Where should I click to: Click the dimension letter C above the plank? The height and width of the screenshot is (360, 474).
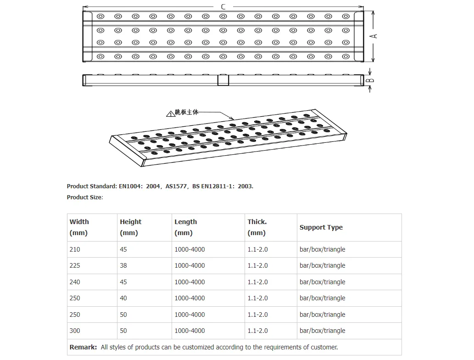pyautogui.click(x=223, y=6)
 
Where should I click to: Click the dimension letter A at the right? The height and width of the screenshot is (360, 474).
pyautogui.click(x=374, y=35)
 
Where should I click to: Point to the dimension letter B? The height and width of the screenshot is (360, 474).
pyautogui.click(x=371, y=80)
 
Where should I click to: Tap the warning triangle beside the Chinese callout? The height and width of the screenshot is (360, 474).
pyautogui.click(x=171, y=113)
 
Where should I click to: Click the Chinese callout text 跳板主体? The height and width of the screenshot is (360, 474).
pyautogui.click(x=187, y=112)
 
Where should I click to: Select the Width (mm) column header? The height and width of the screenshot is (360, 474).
pyautogui.click(x=79, y=227)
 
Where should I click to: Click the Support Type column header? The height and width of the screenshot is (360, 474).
pyautogui.click(x=321, y=227)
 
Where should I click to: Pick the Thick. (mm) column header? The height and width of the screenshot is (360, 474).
pyautogui.click(x=257, y=227)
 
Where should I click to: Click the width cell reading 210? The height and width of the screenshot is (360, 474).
pyautogui.click(x=75, y=249)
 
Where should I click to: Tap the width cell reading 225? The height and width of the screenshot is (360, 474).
pyautogui.click(x=75, y=265)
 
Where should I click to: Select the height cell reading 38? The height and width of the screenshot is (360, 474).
pyautogui.click(x=123, y=265)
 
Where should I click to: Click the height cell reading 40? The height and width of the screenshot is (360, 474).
pyautogui.click(x=123, y=298)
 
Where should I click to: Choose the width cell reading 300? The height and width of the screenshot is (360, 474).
pyautogui.click(x=75, y=331)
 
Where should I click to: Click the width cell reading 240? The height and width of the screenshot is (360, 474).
pyautogui.click(x=75, y=282)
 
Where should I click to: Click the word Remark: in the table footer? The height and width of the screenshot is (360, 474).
pyautogui.click(x=83, y=347)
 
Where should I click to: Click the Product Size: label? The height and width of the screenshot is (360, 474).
pyautogui.click(x=85, y=197)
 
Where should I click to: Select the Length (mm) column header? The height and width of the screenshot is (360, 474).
pyautogui.click(x=185, y=227)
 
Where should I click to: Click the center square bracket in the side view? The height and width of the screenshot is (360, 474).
pyautogui.click(x=223, y=79)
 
